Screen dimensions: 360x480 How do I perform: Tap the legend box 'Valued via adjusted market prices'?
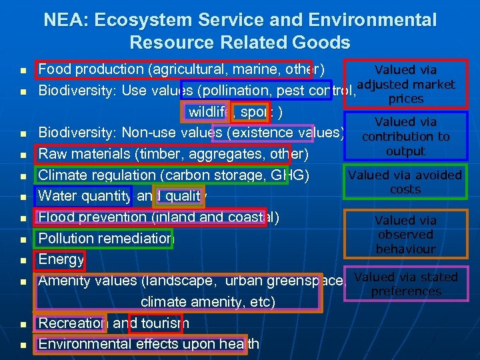(405, 84)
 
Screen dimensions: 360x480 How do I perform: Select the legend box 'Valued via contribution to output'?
(405, 137)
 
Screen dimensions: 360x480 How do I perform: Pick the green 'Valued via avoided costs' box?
(405, 182)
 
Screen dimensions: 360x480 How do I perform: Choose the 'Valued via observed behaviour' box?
(405, 235)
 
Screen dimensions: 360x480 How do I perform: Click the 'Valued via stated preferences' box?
(405, 284)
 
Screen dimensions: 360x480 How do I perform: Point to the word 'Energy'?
(61, 259)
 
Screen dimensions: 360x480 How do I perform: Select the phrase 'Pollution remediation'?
(106, 239)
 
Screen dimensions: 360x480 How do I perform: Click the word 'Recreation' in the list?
(71, 323)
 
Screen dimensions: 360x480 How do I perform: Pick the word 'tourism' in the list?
(160, 323)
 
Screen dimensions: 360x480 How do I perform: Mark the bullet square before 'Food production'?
(23, 70)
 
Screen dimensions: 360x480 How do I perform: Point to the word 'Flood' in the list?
(55, 217)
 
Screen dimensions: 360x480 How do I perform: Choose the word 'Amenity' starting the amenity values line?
(65, 281)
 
